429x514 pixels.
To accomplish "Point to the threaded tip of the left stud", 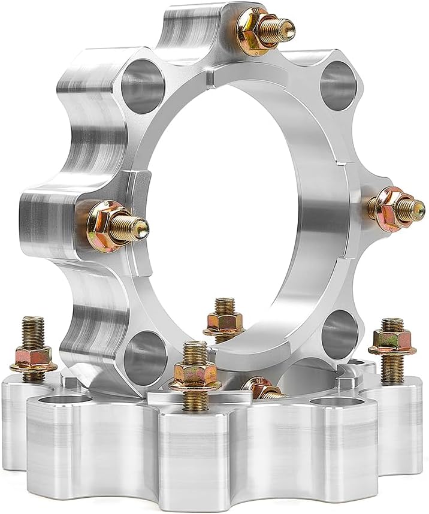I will coord(140,226).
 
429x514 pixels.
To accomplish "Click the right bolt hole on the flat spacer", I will coord(327,401).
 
